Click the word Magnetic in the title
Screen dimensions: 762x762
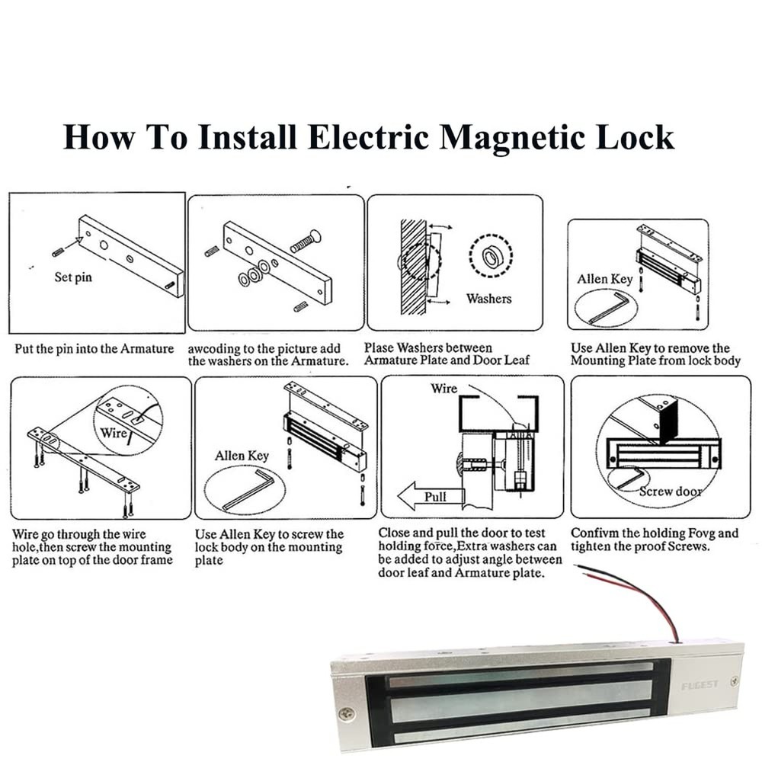pos(517,137)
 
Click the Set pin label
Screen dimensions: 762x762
pos(73,277)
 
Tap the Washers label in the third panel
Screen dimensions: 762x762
pos(488,299)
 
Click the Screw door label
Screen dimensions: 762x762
pos(671,491)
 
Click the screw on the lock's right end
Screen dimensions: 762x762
pos(733,680)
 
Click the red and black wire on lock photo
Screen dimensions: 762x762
pos(632,594)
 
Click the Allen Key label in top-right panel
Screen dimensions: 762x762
pos(604,279)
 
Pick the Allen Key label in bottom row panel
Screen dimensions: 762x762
pos(242,456)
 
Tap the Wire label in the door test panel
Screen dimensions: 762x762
pos(444,389)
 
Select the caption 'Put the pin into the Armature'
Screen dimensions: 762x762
pos(94,348)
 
